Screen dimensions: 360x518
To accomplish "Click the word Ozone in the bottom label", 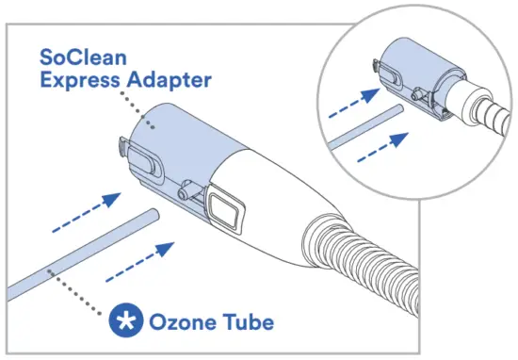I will [x=180, y=322].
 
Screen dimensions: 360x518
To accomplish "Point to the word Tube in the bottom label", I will [x=245, y=322].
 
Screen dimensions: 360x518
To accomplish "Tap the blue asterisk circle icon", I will [x=122, y=322].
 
